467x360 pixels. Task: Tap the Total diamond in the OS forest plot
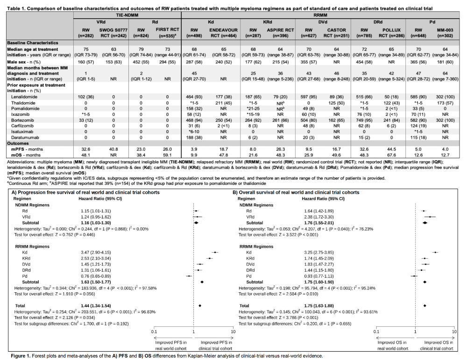pyautogui.click(x=425, y=305)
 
